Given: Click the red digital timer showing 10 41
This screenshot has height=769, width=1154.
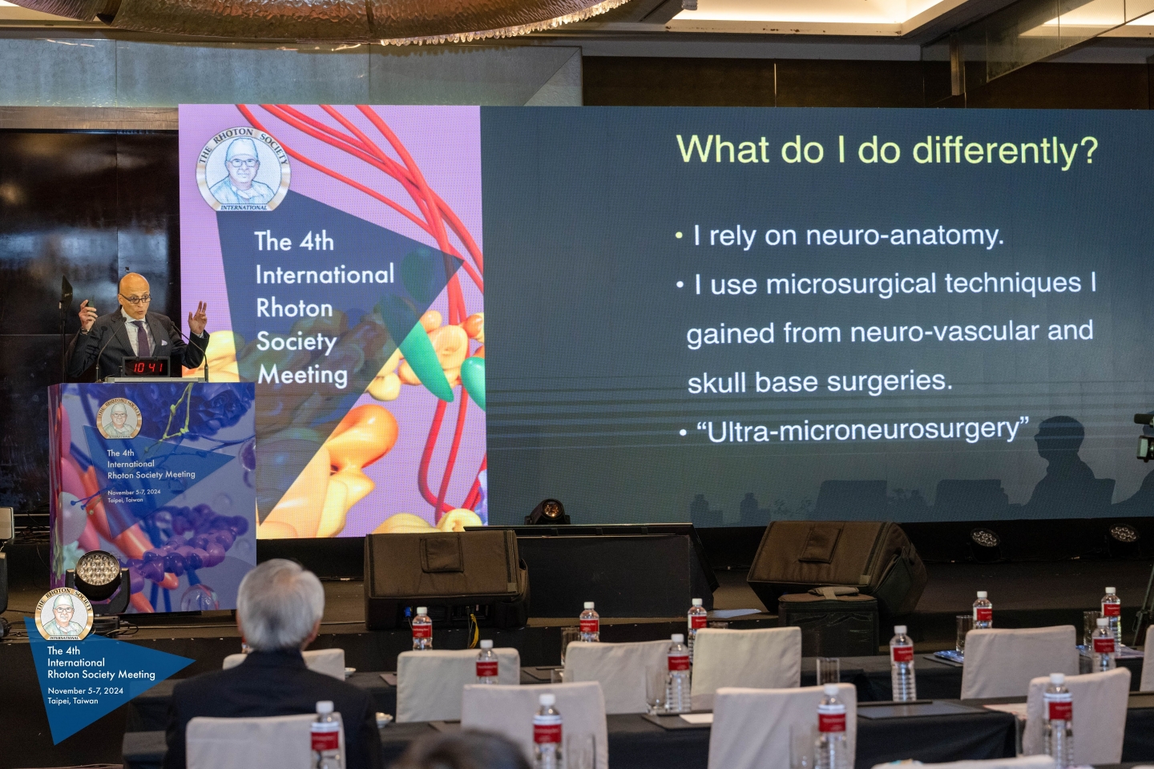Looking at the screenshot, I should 147,368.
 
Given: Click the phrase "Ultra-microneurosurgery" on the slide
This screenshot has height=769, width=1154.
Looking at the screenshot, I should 862,431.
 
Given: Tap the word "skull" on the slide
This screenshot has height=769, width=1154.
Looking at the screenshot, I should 716,384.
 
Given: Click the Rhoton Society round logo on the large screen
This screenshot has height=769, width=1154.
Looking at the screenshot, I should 243,169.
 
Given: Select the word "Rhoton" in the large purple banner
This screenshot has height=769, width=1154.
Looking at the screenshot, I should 294,308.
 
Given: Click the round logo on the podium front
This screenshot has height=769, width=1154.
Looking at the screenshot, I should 119,418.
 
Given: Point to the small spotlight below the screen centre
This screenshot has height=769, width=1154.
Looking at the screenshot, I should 549,511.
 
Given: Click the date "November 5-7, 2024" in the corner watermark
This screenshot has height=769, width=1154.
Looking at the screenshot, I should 85,690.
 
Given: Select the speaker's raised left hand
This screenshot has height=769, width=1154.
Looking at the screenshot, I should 198,317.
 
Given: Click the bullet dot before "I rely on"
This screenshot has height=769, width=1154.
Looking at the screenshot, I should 679,236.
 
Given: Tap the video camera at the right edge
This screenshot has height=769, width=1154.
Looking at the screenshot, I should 1144,437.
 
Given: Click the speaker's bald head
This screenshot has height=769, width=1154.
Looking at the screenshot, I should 135,287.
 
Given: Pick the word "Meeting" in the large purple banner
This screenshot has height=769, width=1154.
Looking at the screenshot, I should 303,375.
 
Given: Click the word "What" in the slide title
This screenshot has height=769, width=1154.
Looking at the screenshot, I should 710,150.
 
